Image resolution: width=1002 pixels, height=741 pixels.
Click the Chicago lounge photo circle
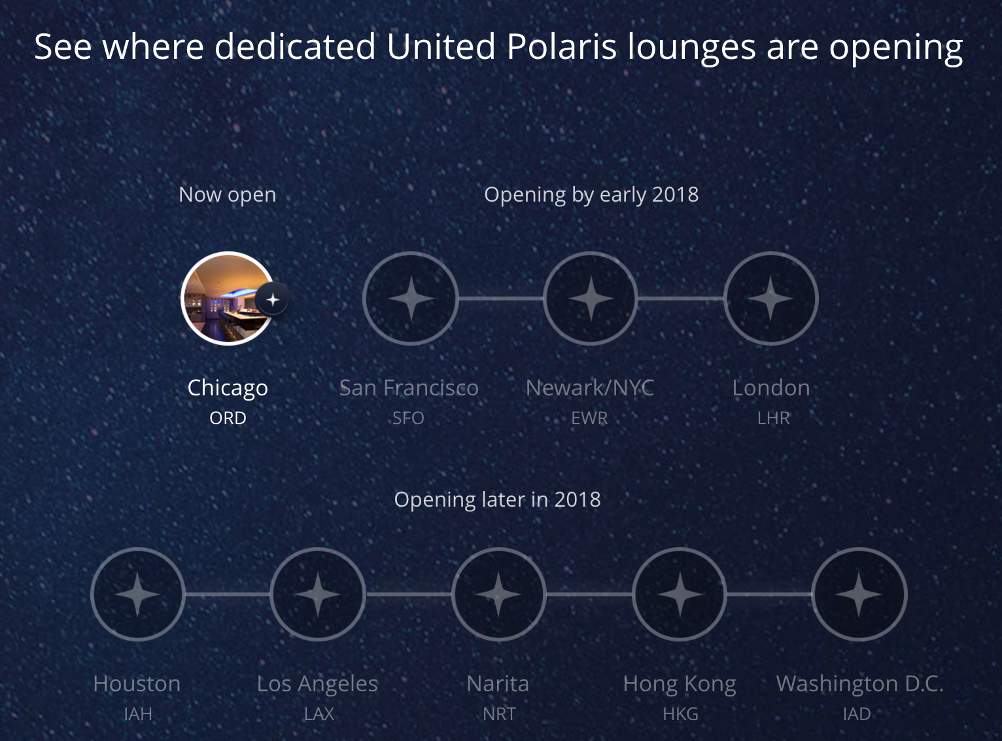[x=228, y=298]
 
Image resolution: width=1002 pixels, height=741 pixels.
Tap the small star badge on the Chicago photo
[x=272, y=300]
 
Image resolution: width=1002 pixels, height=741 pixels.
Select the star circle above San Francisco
[x=411, y=298]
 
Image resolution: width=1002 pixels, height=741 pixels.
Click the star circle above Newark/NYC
[x=591, y=298]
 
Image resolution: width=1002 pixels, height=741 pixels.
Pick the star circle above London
[x=770, y=298]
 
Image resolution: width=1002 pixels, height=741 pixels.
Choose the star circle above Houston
[x=138, y=594]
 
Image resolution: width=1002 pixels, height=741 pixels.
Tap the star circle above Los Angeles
[x=318, y=594]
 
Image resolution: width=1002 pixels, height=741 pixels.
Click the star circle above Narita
[x=499, y=594]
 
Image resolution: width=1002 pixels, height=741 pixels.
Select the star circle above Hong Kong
[x=680, y=594]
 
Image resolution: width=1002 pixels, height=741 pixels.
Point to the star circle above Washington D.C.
[x=859, y=594]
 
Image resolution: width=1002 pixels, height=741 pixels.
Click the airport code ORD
[x=228, y=418]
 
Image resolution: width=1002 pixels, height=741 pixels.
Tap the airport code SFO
[x=408, y=418]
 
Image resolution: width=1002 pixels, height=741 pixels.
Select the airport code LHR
[x=773, y=418]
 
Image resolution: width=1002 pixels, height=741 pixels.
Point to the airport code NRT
[x=499, y=714]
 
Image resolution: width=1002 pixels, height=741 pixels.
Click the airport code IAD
[x=857, y=714]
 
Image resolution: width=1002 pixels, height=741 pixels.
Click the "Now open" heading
[x=227, y=195]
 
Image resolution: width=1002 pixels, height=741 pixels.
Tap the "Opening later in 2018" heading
[x=497, y=499]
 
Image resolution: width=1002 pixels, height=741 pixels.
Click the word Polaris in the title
[x=562, y=46]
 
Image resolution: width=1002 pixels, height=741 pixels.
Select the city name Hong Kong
[x=680, y=684]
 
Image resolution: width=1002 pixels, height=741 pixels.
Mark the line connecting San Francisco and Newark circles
[x=501, y=298]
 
